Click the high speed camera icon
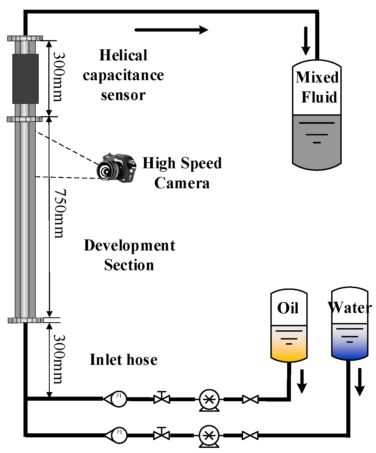[x=116, y=168]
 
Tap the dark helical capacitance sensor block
[x=25, y=79]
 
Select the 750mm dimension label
[x=60, y=214]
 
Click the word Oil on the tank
[x=288, y=308]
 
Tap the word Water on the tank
[x=350, y=307]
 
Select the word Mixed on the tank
[x=317, y=77]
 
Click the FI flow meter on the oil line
[x=118, y=399]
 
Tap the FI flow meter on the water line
[x=119, y=435]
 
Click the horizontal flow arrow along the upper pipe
[x=171, y=30]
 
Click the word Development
[x=129, y=246]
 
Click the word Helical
[x=123, y=55]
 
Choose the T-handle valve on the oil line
[x=162, y=398]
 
